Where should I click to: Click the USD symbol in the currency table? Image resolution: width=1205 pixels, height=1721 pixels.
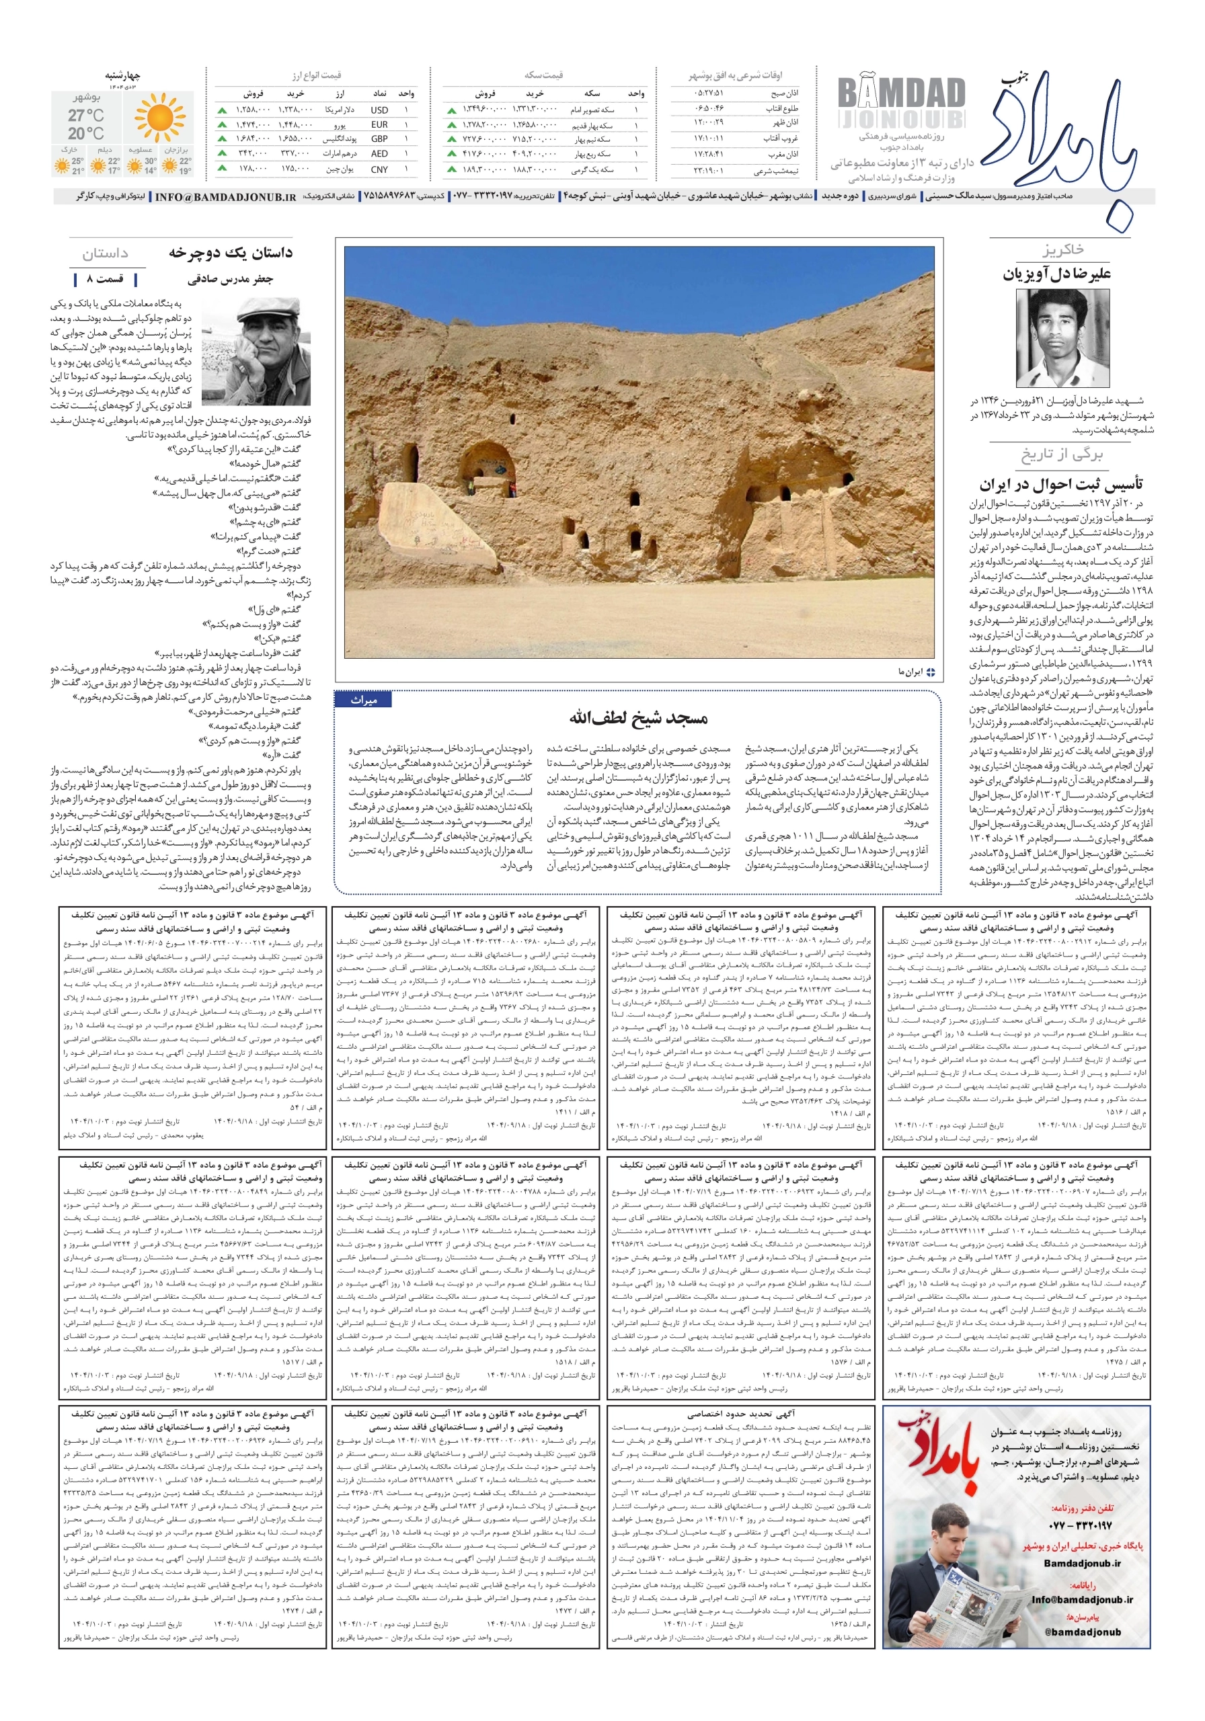[379, 110]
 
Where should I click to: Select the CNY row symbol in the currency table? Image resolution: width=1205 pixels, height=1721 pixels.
[379, 169]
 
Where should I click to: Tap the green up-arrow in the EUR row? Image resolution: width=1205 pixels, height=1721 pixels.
[222, 124]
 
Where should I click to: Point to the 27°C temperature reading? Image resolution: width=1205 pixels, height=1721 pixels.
[85, 116]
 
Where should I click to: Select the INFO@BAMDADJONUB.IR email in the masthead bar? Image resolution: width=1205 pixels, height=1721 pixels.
[225, 197]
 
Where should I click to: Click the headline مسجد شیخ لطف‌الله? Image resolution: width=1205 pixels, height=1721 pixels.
[637, 718]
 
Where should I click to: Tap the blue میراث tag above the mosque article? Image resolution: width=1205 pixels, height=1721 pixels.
[364, 700]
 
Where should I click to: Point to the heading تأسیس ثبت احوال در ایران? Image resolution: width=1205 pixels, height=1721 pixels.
[1060, 483]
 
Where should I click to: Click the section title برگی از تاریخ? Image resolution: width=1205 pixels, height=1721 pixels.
[1060, 454]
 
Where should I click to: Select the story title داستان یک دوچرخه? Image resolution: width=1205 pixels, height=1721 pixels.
[230, 253]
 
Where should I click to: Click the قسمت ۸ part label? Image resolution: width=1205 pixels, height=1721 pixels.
[105, 280]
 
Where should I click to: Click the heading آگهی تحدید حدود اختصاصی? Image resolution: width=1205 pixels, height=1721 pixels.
[738, 1414]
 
